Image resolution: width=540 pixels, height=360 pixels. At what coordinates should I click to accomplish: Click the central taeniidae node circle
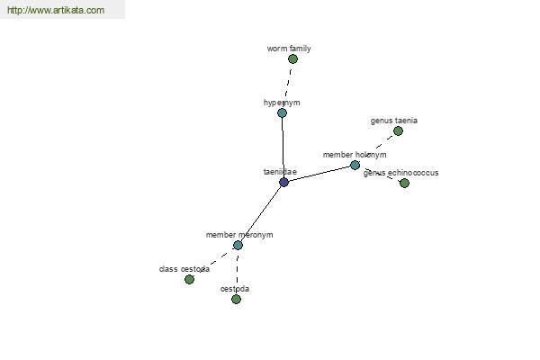284,182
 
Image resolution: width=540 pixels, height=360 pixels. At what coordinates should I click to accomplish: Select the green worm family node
292,59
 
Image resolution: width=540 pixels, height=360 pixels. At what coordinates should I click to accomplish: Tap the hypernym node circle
282,113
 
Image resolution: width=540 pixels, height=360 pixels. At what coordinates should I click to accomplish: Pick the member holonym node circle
355,166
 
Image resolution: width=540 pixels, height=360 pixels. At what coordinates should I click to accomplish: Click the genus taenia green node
398,131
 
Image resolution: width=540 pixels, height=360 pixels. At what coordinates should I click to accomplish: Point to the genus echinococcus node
404,184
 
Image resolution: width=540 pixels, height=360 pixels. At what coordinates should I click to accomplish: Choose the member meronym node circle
238,245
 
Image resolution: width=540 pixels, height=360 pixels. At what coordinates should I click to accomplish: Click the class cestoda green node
189,280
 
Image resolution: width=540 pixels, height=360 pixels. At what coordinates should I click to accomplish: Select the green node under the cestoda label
236,300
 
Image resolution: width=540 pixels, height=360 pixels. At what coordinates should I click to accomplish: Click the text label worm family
289,49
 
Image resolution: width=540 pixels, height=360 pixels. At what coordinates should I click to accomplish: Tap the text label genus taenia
393,121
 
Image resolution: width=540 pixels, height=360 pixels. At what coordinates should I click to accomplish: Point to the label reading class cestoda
184,269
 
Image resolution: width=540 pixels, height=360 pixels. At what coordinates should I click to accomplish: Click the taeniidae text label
280,171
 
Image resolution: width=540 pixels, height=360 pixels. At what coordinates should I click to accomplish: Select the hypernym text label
282,103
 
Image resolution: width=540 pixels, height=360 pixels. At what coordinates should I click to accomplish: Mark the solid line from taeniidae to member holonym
319,174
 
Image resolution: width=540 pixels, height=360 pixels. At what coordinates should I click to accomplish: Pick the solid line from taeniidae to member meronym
261,213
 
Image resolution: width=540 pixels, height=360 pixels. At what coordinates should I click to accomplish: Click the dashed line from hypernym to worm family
288,85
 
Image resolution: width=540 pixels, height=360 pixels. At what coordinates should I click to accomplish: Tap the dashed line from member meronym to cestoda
237,273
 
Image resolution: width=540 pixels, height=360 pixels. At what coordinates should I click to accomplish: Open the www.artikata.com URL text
56,11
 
